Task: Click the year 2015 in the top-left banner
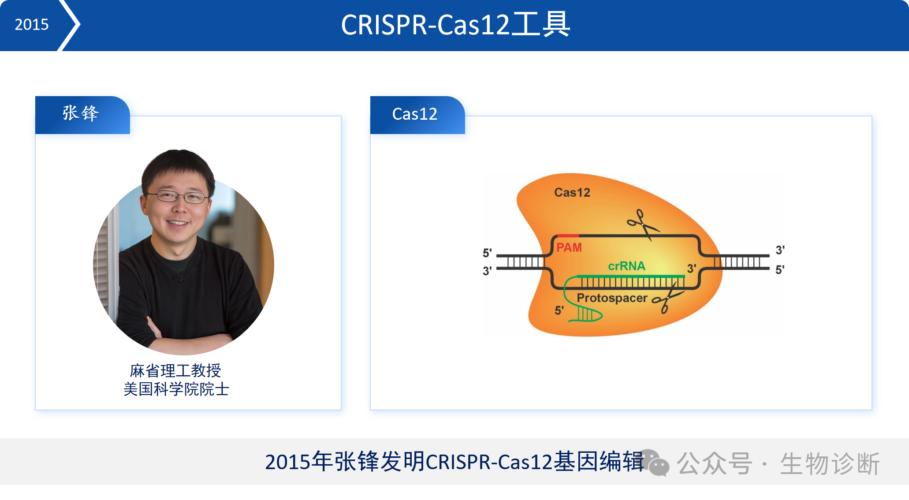pos(31,24)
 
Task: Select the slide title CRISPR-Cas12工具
pos(455,25)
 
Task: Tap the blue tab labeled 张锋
pos(82,115)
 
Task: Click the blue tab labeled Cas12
pos(417,115)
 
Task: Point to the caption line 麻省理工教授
pos(175,371)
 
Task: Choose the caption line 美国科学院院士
pos(176,389)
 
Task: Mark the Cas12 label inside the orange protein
pos(572,192)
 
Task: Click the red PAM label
pos(569,247)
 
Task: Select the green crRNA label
pos(626,266)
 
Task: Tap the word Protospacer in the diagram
pos(612,298)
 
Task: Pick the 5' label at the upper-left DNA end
pos(487,253)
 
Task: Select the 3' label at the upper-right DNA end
pos(780,250)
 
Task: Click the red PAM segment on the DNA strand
pos(568,236)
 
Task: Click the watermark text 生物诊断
pos(830,463)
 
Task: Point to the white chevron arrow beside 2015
pos(70,25)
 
